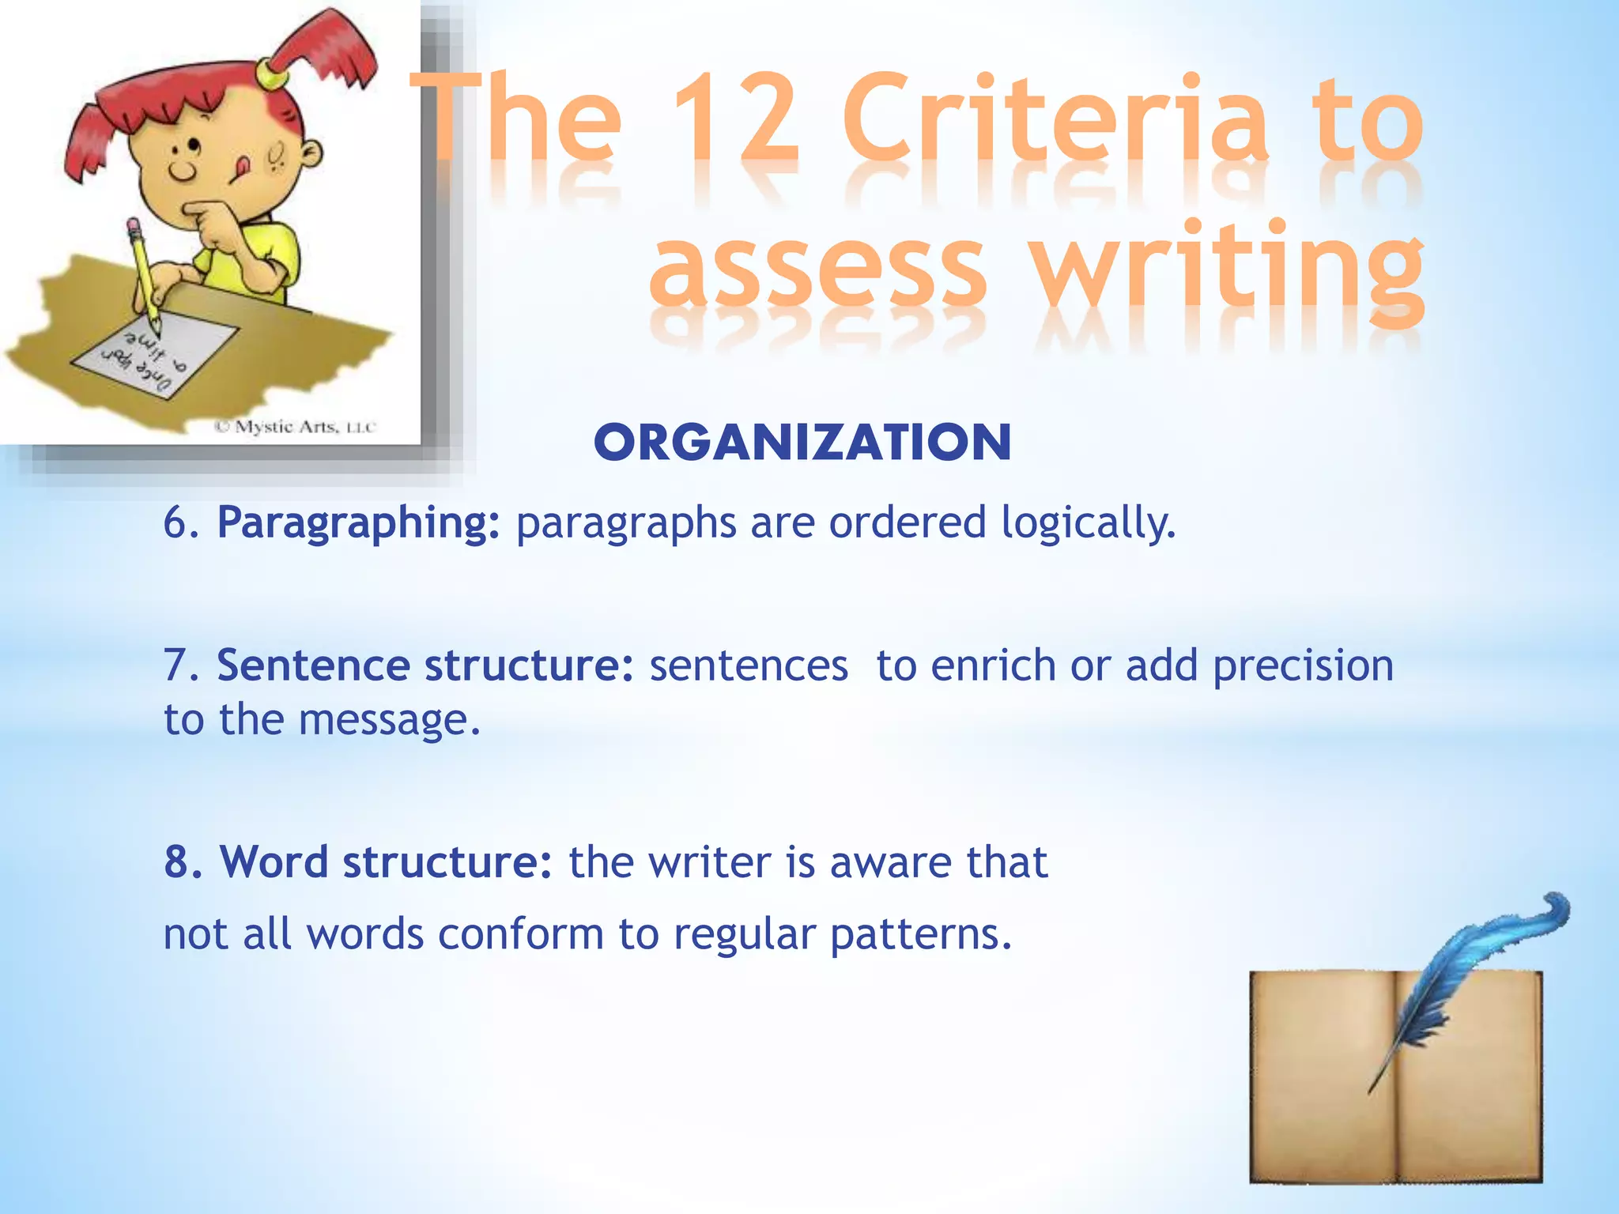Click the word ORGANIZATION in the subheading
(802, 443)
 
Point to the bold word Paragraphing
(359, 523)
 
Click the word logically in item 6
(1088, 523)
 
